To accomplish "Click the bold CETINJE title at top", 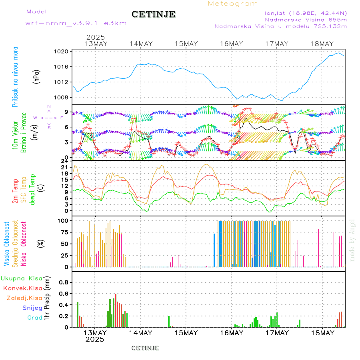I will [x=153, y=14].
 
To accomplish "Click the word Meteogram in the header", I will [x=233, y=4].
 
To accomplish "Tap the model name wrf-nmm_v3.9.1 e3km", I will [x=76, y=23].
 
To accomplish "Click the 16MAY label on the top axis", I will [x=231, y=44].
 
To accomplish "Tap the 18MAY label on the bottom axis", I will [x=322, y=333].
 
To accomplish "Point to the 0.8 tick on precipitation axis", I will [x=64, y=282].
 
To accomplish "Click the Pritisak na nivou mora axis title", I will [x=15, y=77].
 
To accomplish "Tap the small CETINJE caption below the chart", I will [x=145, y=348].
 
